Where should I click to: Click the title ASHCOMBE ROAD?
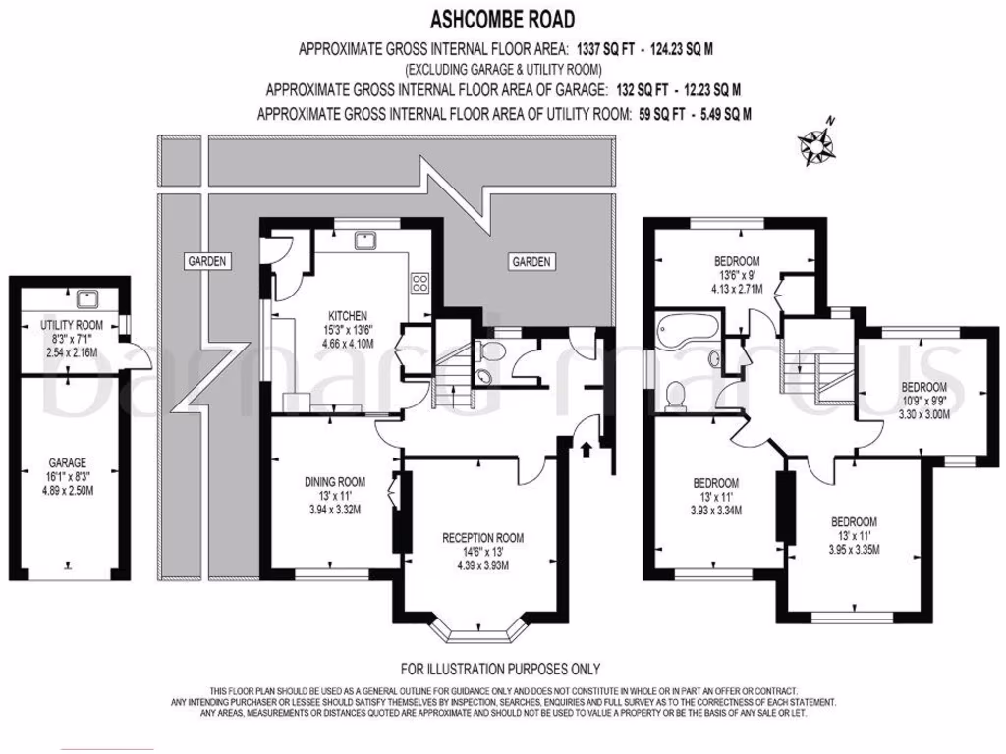502,18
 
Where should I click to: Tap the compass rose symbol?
816,145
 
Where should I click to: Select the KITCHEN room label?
348,316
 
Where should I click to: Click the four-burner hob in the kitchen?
420,284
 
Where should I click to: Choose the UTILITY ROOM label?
71,325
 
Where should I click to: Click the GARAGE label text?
68,462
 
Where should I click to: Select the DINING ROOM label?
336,482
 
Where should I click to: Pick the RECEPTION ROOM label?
482,538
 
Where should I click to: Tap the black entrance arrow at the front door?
587,450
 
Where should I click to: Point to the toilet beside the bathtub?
675,393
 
